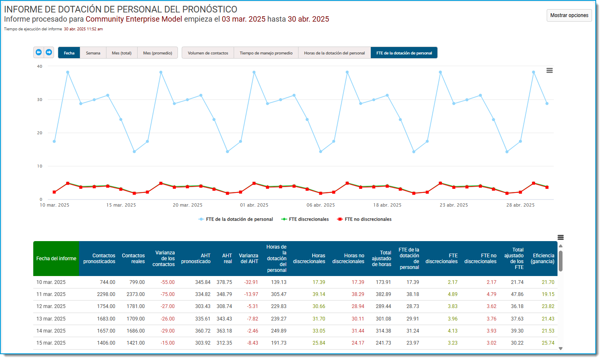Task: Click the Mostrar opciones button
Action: pyautogui.click(x=569, y=15)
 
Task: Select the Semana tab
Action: pyautogui.click(x=93, y=53)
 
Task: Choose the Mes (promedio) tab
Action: pyautogui.click(x=158, y=53)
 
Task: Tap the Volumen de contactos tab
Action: pyautogui.click(x=208, y=53)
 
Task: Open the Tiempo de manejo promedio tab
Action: pyautogui.click(x=266, y=53)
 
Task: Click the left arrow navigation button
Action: pyautogui.click(x=39, y=52)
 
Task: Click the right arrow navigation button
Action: pyautogui.click(x=49, y=52)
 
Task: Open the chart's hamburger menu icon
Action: pyautogui.click(x=549, y=70)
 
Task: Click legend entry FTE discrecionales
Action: pyautogui.click(x=305, y=219)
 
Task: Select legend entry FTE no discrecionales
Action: pyautogui.click(x=364, y=219)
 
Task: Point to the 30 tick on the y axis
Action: pyautogui.click(x=40, y=100)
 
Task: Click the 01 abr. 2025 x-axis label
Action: pyautogui.click(x=254, y=205)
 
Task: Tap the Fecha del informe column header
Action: pyautogui.click(x=56, y=259)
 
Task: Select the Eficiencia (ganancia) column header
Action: pyautogui.click(x=542, y=259)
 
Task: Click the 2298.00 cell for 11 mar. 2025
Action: pyautogui.click(x=106, y=294)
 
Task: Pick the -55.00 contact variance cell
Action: pyautogui.click(x=168, y=282)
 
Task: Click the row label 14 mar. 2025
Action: pyautogui.click(x=51, y=331)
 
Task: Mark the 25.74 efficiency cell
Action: pyautogui.click(x=548, y=343)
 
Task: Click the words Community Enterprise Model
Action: pyautogui.click(x=134, y=19)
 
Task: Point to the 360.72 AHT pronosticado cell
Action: pyautogui.click(x=202, y=331)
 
